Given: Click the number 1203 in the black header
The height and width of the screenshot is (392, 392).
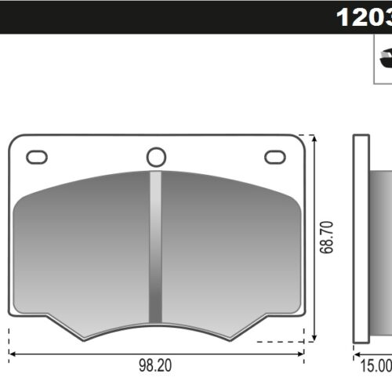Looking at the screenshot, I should coord(364,17).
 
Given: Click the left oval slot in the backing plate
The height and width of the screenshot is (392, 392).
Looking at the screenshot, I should coord(37,157).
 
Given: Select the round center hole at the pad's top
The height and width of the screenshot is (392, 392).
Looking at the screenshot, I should coord(156,157).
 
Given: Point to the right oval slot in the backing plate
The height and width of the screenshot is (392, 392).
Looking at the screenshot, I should coord(275,157).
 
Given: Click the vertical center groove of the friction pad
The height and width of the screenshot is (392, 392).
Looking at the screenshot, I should coord(155,247).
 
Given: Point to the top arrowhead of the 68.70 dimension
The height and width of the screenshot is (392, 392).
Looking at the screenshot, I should coord(315,138).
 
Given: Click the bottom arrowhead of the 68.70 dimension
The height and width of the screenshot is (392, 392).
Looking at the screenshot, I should coord(315,337).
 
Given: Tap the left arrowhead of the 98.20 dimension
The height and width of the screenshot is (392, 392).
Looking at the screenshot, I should coord(12,351).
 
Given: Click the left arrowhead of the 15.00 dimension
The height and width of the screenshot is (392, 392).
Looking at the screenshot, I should coord(355,352).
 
